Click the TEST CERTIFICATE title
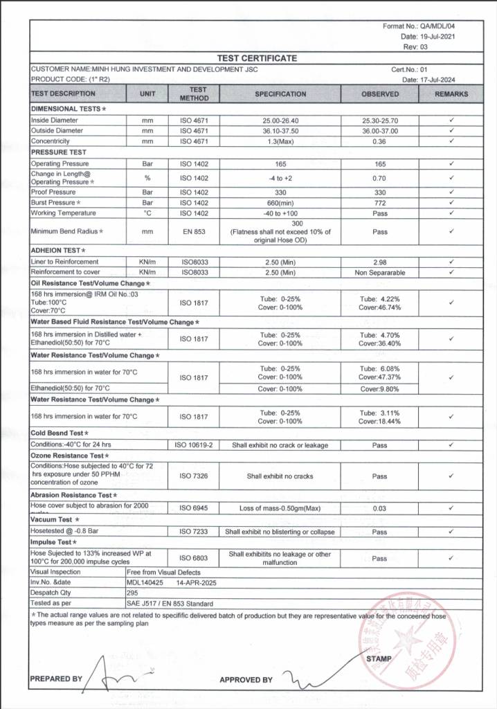point(257,58)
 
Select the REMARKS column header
point(451,94)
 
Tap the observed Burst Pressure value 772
point(379,202)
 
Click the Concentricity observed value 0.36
point(379,141)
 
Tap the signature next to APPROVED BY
point(305,676)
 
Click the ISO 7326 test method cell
point(198,476)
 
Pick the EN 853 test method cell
point(198,232)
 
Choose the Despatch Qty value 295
point(133,593)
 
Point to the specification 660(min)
point(280,202)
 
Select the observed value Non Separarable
point(379,273)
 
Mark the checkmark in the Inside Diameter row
point(451,120)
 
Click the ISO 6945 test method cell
point(198,508)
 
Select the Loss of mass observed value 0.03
point(379,508)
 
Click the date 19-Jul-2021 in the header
point(437,36)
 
